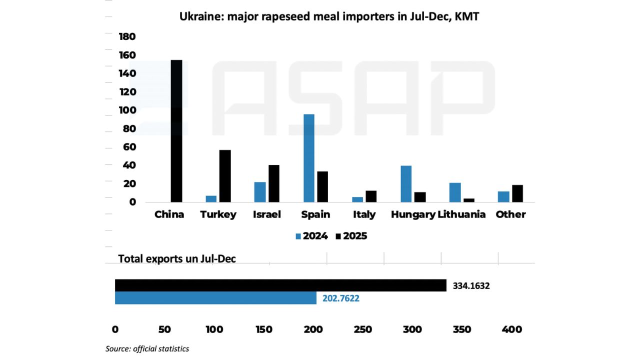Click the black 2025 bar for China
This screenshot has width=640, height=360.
[x=176, y=131]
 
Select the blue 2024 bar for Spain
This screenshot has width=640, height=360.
[x=309, y=158]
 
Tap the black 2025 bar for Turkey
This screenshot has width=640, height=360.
[x=225, y=176]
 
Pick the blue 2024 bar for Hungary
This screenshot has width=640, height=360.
[x=406, y=183]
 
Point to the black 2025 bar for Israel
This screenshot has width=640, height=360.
[x=274, y=183]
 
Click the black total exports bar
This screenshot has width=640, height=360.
[x=280, y=285]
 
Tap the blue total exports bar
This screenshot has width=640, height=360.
[x=215, y=298]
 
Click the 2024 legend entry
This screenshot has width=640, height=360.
[x=312, y=236]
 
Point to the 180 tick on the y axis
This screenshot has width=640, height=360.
[x=127, y=36]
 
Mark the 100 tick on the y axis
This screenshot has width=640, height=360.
[x=127, y=110]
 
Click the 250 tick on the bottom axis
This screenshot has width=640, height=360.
[x=362, y=329]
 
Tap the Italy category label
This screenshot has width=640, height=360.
[x=364, y=214]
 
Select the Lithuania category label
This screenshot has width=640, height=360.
[x=461, y=214]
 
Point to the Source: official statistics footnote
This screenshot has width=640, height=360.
[x=147, y=348]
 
